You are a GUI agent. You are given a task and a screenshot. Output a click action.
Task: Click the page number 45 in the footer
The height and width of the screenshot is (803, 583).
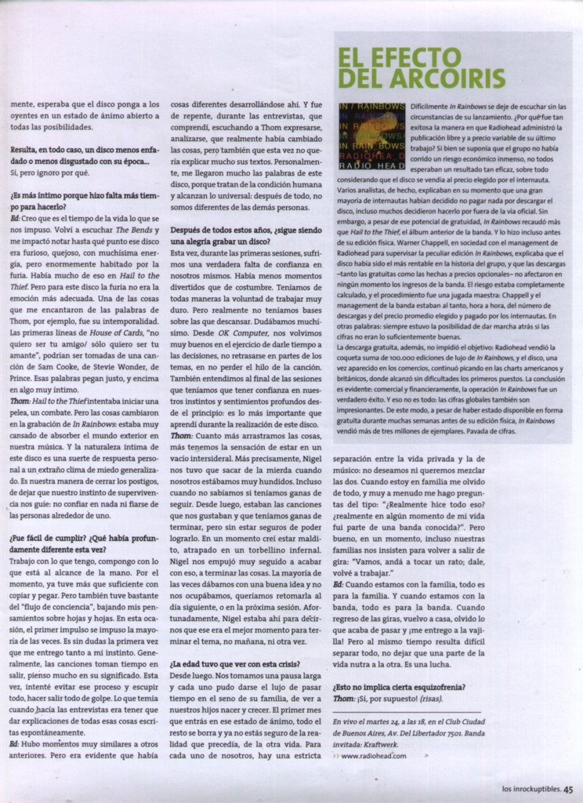[568, 790]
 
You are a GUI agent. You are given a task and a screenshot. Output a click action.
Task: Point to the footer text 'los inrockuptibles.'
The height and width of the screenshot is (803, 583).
[530, 790]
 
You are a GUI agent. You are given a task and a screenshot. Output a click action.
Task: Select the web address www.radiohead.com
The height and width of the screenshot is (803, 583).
[374, 756]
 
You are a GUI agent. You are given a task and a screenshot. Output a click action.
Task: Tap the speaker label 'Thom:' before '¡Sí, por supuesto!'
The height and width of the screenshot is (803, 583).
[344, 699]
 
